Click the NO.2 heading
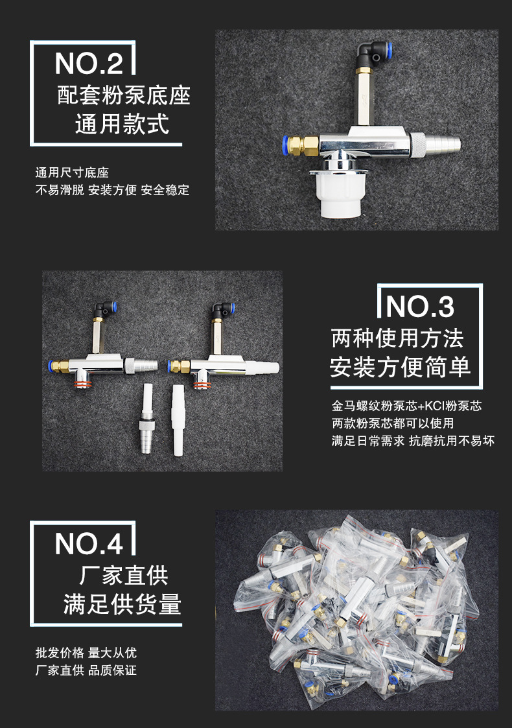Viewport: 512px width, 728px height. point(89,64)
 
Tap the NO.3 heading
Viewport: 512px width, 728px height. point(420,307)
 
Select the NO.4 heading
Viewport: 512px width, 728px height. point(89,543)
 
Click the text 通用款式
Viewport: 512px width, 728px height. point(122,123)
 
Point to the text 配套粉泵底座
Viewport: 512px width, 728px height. point(123,95)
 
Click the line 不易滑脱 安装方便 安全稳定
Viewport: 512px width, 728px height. point(111,191)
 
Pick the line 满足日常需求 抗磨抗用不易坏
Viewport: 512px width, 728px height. point(413,441)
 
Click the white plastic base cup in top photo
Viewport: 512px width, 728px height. point(339,197)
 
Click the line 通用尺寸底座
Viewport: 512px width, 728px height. point(71,173)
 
